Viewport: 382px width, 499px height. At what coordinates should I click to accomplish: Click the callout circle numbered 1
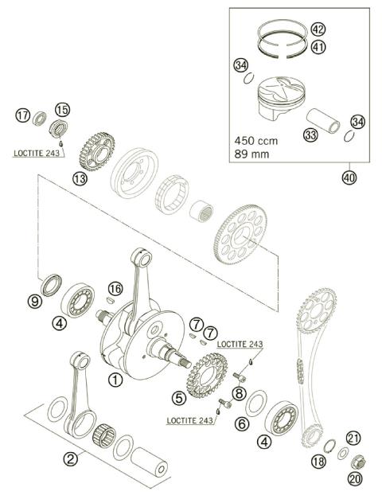[x=115, y=380]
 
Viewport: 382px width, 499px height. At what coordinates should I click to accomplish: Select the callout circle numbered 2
[x=71, y=458]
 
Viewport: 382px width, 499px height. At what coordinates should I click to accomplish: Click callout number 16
[x=116, y=288]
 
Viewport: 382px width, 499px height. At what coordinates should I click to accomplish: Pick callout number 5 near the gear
[x=179, y=396]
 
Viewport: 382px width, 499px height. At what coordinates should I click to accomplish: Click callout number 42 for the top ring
[x=318, y=29]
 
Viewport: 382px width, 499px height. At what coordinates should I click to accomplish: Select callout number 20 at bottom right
[x=353, y=478]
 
